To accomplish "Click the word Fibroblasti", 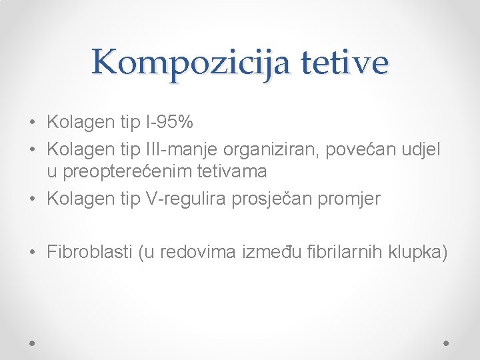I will click(89, 252).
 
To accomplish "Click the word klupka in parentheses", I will click(414, 252).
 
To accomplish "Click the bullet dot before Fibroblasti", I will click(33, 253).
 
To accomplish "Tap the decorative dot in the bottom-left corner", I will click(33, 341).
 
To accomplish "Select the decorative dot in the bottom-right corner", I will click(447, 341).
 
